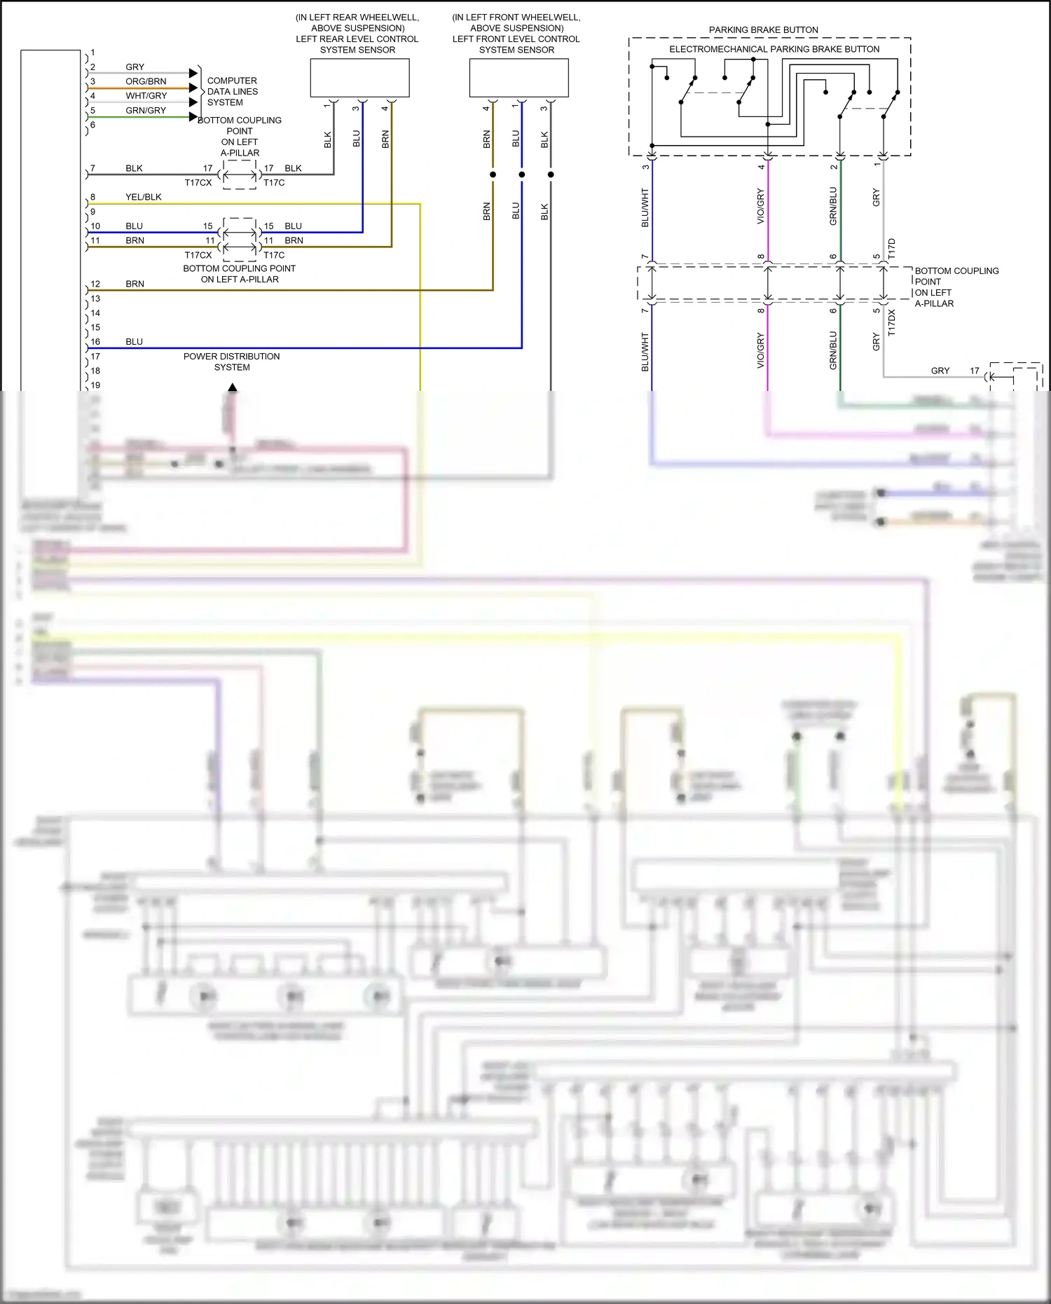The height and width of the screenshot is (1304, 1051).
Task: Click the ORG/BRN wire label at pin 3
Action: (146, 81)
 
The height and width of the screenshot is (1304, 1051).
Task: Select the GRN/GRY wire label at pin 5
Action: (146, 111)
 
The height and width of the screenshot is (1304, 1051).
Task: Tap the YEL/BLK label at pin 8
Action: (144, 197)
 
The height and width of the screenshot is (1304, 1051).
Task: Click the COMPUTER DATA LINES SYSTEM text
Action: (232, 92)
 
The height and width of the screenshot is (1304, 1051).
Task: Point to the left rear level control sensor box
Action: (359, 78)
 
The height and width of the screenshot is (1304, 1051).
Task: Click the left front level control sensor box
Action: (518, 78)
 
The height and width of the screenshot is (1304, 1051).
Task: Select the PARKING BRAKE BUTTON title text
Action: (763, 30)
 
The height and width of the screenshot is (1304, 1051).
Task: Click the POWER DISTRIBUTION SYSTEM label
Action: (232, 362)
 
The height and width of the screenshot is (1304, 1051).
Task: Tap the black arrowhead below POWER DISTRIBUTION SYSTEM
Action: (232, 387)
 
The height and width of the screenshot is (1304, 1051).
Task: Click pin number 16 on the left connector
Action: (95, 342)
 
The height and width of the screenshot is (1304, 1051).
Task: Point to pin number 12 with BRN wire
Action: (95, 284)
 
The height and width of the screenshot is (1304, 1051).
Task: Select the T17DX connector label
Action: (892, 323)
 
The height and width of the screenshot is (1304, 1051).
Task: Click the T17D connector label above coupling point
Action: (892, 249)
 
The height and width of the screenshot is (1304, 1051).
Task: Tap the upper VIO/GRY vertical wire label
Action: (761, 207)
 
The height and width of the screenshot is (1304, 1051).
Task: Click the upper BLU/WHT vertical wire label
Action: (645, 207)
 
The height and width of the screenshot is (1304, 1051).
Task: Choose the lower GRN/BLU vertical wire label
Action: (833, 350)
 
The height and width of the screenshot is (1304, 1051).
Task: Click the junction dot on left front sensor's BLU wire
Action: (521, 174)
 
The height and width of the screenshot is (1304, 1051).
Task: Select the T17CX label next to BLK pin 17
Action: (198, 183)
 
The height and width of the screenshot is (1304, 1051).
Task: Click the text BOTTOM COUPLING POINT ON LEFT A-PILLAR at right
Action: (956, 287)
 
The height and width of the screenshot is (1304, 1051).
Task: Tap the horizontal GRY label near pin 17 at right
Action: (940, 371)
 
